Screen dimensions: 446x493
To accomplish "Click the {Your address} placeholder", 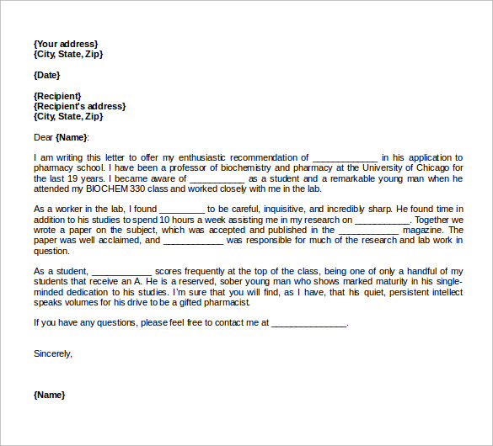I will (x=66, y=44).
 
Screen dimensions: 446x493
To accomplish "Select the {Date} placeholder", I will (x=46, y=75).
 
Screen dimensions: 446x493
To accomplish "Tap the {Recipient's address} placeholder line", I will (x=79, y=106).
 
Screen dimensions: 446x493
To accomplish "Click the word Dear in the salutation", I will (x=43, y=137).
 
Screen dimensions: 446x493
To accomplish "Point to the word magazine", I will (x=424, y=230).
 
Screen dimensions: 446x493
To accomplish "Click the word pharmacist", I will (x=221, y=301).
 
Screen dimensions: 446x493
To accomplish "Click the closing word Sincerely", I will (x=53, y=353).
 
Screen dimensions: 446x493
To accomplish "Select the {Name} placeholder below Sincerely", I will (x=49, y=395).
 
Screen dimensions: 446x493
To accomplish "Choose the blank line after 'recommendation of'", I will (x=345, y=157).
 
